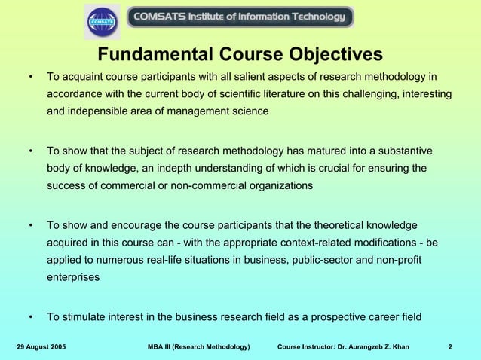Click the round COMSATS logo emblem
pyautogui.click(x=102, y=21)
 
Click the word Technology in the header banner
pyautogui.click(x=311, y=17)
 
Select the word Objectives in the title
pyautogui.click(x=330, y=55)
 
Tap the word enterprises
pyautogui.click(x=73, y=277)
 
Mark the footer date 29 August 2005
pyautogui.click(x=41, y=346)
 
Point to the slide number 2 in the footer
pyautogui.click(x=450, y=346)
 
